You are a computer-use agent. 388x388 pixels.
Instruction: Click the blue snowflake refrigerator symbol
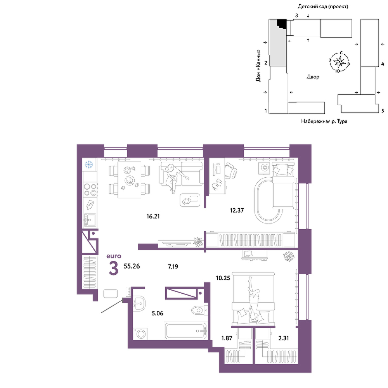[88, 164]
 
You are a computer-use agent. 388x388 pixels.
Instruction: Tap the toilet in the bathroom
[199, 310]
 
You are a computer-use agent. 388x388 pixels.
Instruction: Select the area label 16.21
[153, 217]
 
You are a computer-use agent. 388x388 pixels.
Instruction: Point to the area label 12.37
[237, 210]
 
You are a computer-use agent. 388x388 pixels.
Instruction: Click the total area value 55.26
[132, 266]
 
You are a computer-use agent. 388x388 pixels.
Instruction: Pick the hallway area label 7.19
[173, 267]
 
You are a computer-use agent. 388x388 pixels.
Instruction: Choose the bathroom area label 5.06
[158, 313]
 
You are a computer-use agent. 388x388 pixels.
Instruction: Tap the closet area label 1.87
[227, 338]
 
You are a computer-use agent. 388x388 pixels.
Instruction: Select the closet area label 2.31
[284, 338]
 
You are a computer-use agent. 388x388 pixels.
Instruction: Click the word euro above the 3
[114, 256]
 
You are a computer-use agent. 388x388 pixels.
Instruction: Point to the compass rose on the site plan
[339, 62]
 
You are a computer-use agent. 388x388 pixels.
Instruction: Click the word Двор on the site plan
[313, 77]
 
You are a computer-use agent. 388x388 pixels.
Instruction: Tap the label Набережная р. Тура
[324, 121]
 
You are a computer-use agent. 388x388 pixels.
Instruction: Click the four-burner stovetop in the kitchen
[90, 190]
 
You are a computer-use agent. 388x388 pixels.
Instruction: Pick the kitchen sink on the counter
[90, 220]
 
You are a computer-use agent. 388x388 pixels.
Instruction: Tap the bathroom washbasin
[139, 303]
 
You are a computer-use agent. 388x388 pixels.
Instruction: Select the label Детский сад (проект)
[323, 7]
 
